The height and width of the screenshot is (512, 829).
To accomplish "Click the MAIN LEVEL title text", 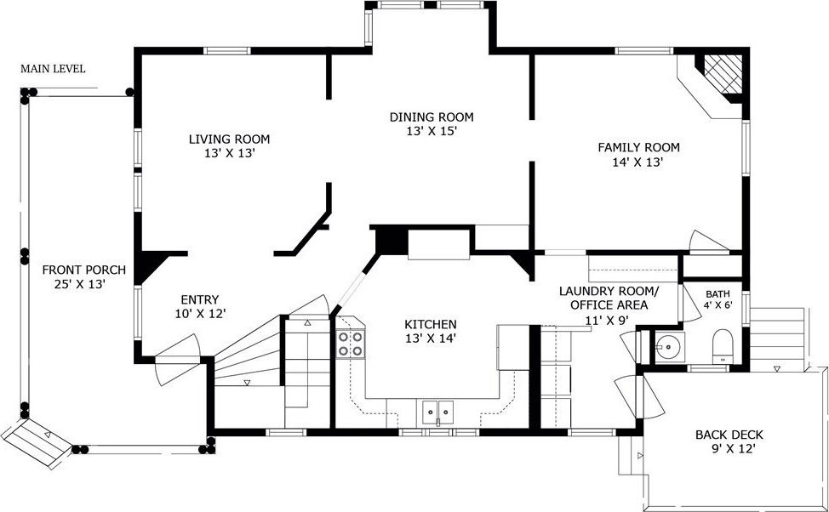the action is coord(53,69).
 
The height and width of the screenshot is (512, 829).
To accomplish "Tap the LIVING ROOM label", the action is coord(230,139).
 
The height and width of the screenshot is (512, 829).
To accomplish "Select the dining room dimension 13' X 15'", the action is coord(432,131).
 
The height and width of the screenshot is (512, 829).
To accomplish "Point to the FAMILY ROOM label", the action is coord(638,147).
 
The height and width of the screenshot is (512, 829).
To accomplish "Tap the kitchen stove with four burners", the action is coord(351,344).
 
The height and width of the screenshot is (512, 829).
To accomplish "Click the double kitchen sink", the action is coord(437,410).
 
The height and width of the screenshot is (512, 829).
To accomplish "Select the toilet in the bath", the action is coord(723,346).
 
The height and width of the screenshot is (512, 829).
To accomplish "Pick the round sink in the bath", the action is coord(670,347).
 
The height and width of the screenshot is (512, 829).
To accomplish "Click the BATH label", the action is coord(718,293).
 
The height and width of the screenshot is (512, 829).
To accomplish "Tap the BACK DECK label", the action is coord(729,435).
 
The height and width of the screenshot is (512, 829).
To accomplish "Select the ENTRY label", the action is coord(199,299).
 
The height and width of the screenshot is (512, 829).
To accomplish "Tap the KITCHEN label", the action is coord(431,324).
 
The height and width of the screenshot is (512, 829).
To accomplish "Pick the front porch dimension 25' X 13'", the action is coord(80,284).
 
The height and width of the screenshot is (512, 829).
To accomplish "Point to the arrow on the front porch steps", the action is coord(48,435).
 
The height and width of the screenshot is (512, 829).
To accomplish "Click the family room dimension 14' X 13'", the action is coord(638,162).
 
